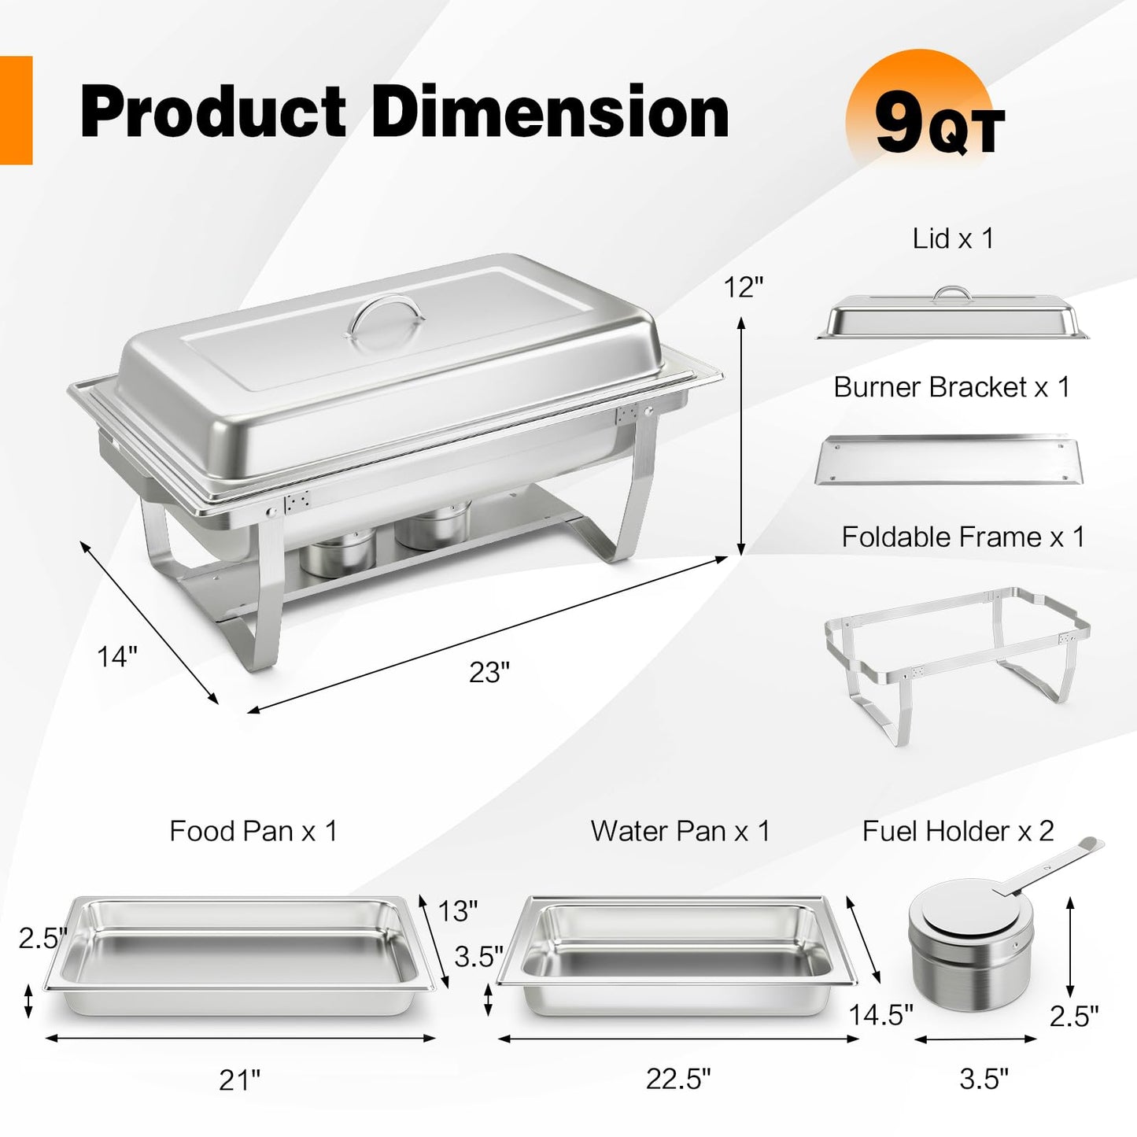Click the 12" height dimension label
point(744,288)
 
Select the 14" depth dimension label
point(117,655)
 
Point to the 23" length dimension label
point(489,672)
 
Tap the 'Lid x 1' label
point(953,238)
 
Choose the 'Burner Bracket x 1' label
point(951,387)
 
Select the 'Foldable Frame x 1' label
point(962,537)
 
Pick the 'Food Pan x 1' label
point(253,831)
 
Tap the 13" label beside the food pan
point(458,910)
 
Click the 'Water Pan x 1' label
point(680,831)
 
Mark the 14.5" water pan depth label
point(880,1015)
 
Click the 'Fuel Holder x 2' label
point(958,831)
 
